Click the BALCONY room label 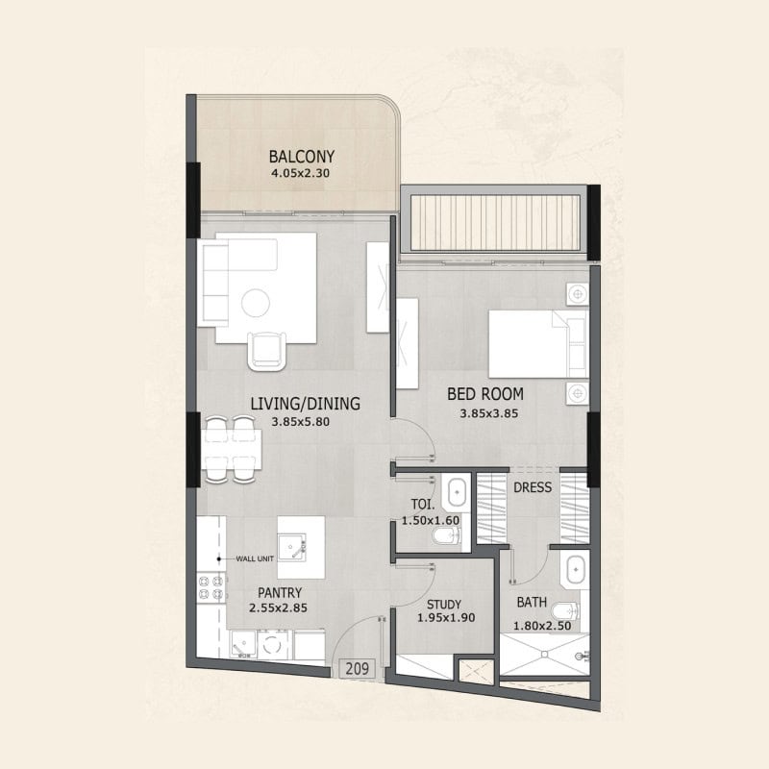[x=302, y=157]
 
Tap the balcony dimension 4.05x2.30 [x=300, y=173]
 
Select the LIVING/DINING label [x=305, y=404]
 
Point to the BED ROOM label [x=485, y=394]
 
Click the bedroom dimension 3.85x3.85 [x=489, y=413]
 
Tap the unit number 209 [x=357, y=668]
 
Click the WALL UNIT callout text [x=255, y=558]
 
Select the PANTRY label [x=280, y=593]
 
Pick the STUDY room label [x=444, y=605]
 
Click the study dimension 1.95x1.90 [x=446, y=618]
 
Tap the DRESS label [x=533, y=487]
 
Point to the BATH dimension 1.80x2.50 [x=542, y=626]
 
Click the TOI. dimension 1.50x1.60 [x=431, y=520]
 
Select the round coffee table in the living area [x=256, y=303]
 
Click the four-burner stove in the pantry [x=211, y=587]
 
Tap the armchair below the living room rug [x=267, y=351]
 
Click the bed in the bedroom [x=538, y=344]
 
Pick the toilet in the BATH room [x=565, y=611]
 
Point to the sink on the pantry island [x=291, y=547]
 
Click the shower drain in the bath [x=544, y=655]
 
